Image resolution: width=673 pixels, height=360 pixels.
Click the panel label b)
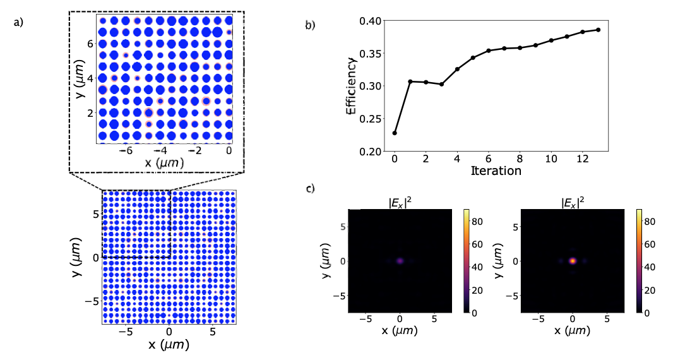click(x=311, y=26)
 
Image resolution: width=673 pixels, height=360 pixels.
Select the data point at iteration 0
click(x=395, y=133)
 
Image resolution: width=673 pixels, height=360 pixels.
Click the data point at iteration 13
click(x=598, y=30)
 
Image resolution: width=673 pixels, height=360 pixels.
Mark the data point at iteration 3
click(x=441, y=84)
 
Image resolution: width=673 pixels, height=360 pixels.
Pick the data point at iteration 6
click(x=489, y=51)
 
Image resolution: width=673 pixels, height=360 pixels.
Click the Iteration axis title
click(x=496, y=171)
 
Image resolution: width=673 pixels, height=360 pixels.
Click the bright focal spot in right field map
click(x=573, y=260)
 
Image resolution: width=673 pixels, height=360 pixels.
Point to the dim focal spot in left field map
click(x=400, y=260)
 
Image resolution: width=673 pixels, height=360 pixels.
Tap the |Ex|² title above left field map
click(x=400, y=203)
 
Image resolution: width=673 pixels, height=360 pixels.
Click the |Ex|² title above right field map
click(x=573, y=203)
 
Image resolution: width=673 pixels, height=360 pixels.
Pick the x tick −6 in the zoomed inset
click(x=126, y=152)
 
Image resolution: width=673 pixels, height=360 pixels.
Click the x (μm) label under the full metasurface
click(x=169, y=345)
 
